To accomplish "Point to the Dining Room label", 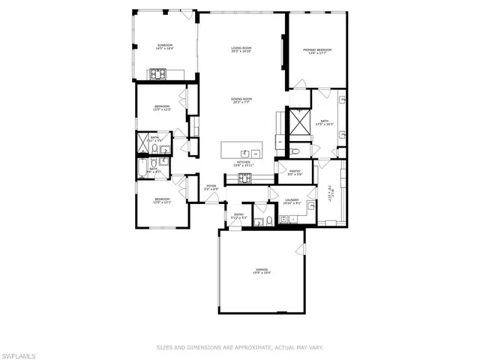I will pos(241,99).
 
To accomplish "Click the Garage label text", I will pos(261,269).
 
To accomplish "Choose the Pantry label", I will pos(293,172).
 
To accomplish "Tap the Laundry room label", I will pos(292,200).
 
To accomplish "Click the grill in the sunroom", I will pos(159,73).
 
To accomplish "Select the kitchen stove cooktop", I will pos(245,178).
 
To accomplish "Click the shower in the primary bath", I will pos(300,121).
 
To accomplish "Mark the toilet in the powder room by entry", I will pos(259,220).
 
